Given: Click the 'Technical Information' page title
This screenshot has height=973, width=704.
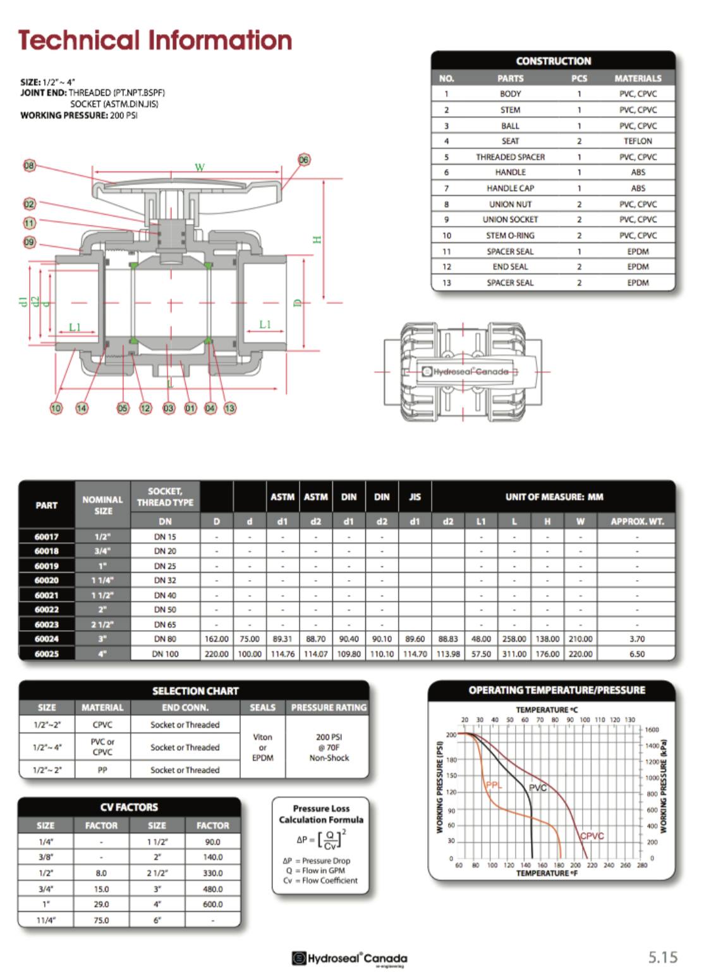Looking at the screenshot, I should coord(155,40).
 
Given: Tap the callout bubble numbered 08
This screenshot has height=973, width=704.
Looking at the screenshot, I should coord(29,166).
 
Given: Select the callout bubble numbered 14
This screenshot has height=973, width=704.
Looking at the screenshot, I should coord(82,408).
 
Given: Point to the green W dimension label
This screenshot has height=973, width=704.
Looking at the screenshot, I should coord(200,167).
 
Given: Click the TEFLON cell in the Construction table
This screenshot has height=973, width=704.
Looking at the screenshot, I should coord(638,141).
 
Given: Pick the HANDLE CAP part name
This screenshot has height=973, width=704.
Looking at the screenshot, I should coord(510,188).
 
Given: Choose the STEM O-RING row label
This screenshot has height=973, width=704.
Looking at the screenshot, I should coord(510,235).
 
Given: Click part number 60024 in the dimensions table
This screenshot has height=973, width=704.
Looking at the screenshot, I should coord(47,639).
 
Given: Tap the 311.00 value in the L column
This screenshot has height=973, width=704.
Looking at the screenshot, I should coord(514,654).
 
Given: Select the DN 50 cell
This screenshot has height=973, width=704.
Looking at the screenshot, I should coord(165,609).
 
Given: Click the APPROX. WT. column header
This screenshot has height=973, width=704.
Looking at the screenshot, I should coord(637,521).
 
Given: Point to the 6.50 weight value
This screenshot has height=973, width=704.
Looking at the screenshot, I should coord(637,654).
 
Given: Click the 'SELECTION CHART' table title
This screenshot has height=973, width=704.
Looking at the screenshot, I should coord(195,691).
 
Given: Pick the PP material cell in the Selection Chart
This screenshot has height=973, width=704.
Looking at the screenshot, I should coord(102,770).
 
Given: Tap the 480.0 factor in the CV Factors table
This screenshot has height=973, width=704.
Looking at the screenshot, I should coord(212,888).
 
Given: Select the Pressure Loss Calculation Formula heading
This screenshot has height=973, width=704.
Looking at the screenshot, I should coord(321,814).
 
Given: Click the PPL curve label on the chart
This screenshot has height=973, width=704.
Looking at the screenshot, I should coord(494,785).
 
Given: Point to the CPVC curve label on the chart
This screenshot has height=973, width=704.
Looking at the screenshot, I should coord(592,836).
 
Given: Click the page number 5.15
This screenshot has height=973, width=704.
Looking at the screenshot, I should coord(663,957).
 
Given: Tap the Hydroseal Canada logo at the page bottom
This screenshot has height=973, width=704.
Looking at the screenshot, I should coord(349,958).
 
